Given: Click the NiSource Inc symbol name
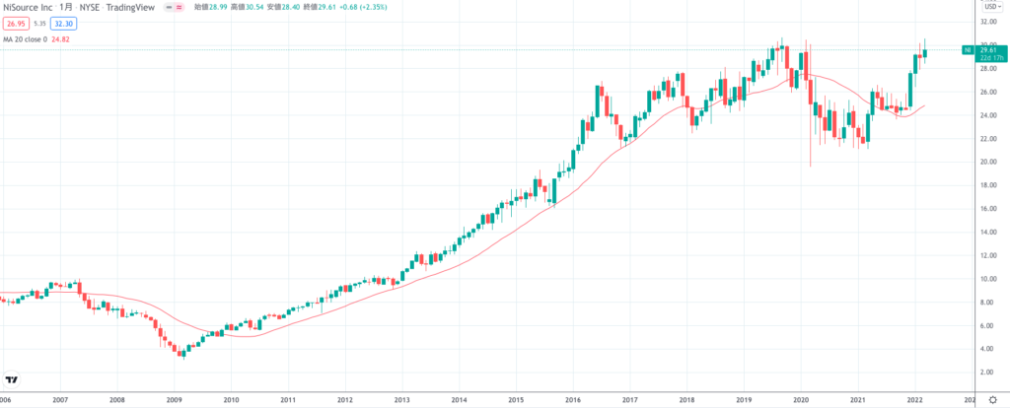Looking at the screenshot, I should (27, 6).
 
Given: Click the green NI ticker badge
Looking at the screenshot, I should (968, 49).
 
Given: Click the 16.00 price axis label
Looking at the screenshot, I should (985, 208).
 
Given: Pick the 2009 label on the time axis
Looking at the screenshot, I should (175, 400).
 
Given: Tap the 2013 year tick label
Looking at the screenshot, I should (401, 400).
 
